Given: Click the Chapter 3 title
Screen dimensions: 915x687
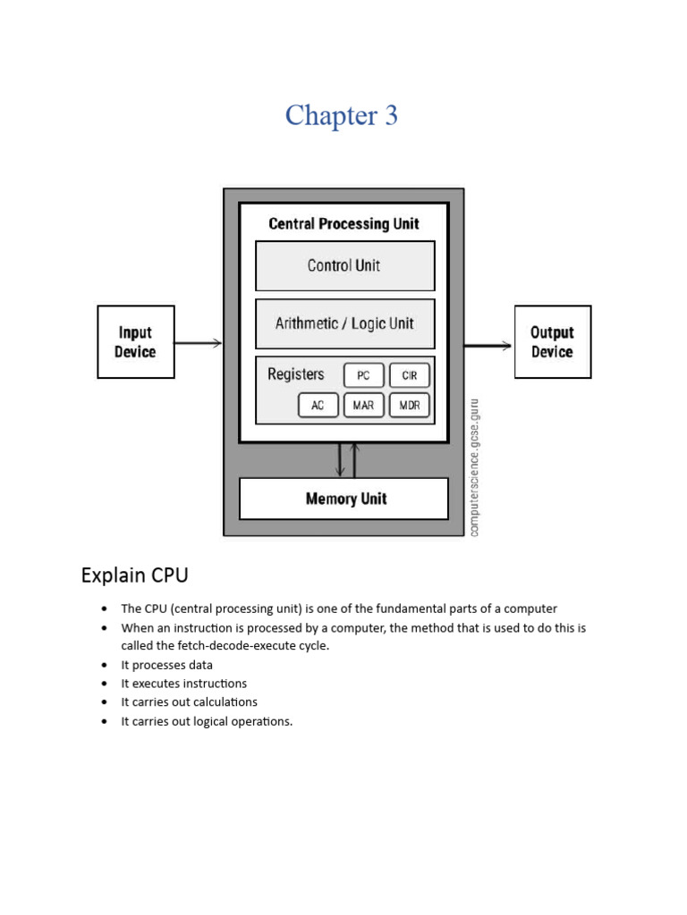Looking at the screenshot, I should [x=342, y=115].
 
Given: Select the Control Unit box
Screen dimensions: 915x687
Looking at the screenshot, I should [x=344, y=265].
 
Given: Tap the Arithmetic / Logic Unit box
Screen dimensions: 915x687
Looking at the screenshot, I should [x=344, y=323].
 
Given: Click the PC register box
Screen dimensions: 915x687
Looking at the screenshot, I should [x=363, y=375].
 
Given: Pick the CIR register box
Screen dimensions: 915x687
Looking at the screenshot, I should [x=410, y=375].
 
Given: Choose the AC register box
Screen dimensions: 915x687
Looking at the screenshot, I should [x=318, y=406].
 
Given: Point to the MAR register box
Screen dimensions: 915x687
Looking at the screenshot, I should [x=363, y=406].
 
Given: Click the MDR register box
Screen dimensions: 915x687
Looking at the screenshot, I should [x=410, y=406].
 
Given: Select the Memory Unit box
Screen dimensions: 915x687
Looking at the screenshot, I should [x=344, y=499].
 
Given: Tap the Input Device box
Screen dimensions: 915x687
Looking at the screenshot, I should [x=135, y=342].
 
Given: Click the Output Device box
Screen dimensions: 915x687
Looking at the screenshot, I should [x=552, y=342].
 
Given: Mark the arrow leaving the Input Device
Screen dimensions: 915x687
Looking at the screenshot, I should [x=198, y=342].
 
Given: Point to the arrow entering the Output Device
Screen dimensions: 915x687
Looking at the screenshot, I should [x=488, y=346].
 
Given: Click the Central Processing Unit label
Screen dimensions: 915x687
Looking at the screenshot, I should [x=344, y=223].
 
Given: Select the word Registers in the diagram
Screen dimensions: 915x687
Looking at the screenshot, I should [x=295, y=374].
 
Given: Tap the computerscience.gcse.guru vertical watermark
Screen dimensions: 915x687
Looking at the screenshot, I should [x=474, y=467].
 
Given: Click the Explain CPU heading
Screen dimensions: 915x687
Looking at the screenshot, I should [x=134, y=575].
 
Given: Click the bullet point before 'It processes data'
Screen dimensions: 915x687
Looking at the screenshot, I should [x=105, y=665].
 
